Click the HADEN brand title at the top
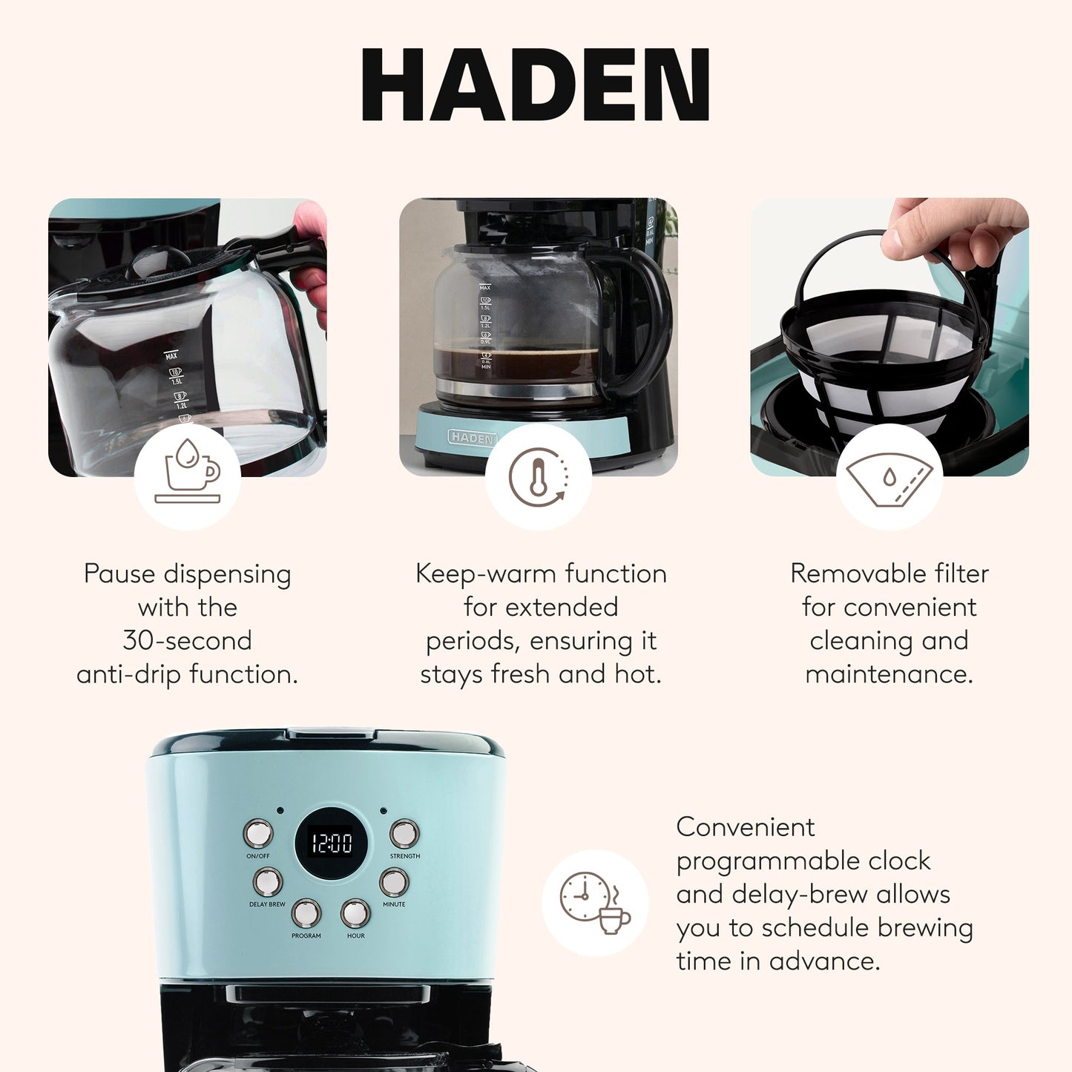click(535, 85)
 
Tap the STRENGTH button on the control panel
click(404, 834)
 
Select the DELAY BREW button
click(267, 882)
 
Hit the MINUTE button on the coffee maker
click(394, 882)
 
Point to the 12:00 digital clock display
click(331, 843)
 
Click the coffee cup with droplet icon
click(188, 476)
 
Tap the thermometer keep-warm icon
click(539, 477)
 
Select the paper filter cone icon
click(889, 479)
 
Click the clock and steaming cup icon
click(595, 902)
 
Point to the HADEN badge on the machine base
click(472, 438)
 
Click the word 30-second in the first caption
click(187, 640)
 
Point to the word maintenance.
click(889, 674)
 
